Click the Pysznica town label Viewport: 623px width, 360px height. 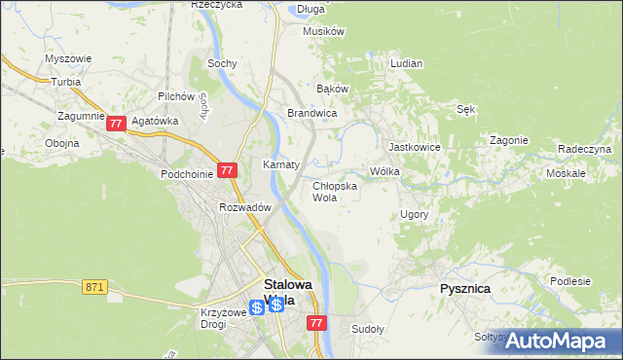coord(464,289)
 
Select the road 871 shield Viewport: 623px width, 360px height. coord(94,286)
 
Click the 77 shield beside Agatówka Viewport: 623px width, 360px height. coord(116,124)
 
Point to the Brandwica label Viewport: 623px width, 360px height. coord(311,114)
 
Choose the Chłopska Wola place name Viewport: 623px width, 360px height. coord(334,191)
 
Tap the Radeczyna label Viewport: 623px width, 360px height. coord(584,149)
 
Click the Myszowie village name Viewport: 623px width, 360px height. coord(68,58)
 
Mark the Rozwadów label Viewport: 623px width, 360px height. coord(244,206)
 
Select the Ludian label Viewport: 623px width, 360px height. coord(406,63)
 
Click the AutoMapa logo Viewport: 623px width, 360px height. coord(556,341)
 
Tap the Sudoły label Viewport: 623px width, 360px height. coord(369,329)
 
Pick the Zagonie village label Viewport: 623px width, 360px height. coord(509,140)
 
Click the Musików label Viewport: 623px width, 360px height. coord(324,31)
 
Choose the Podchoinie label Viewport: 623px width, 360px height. coord(188,174)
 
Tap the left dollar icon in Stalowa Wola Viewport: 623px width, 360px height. coord(256,306)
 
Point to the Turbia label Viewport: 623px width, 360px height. coord(66,82)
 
